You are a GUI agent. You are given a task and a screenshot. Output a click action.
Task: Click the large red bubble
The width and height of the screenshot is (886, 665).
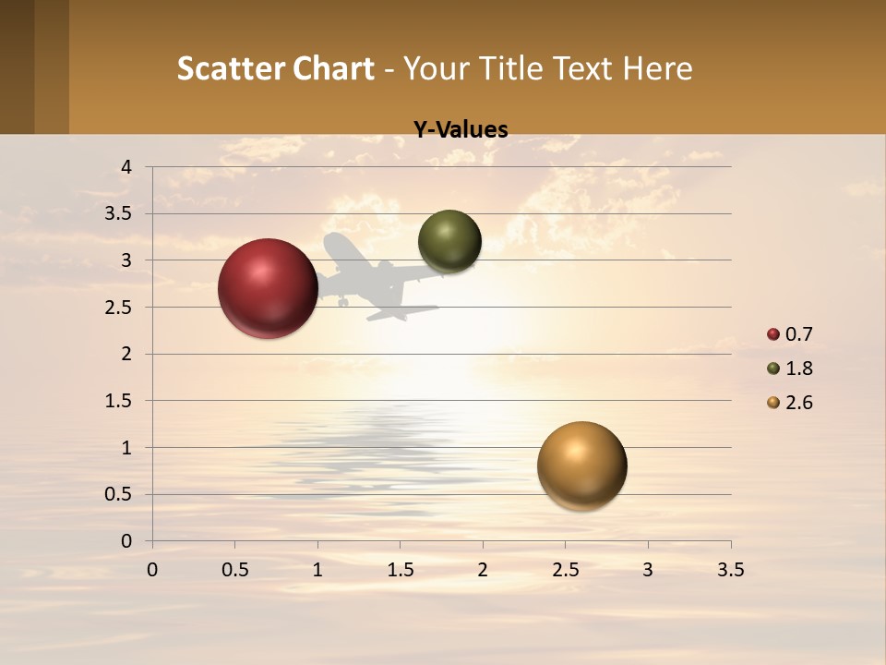268,288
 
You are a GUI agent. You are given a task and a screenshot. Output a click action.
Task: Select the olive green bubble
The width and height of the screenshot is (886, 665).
449,241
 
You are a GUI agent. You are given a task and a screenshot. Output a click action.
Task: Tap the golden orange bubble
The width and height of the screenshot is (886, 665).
581,465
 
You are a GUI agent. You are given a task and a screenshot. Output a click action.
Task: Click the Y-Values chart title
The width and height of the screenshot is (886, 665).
461,130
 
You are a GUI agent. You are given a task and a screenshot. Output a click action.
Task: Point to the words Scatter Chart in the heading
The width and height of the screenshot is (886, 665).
275,68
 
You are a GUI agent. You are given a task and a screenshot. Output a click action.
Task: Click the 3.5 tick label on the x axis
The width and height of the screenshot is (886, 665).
730,570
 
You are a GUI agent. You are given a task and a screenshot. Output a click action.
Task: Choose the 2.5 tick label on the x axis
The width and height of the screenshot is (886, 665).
565,570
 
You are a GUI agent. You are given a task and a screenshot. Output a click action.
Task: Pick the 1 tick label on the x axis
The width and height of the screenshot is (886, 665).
317,570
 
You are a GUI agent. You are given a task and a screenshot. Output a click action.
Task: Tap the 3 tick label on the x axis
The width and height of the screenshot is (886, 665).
648,570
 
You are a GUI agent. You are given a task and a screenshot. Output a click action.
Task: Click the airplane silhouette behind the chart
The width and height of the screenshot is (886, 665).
378,277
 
